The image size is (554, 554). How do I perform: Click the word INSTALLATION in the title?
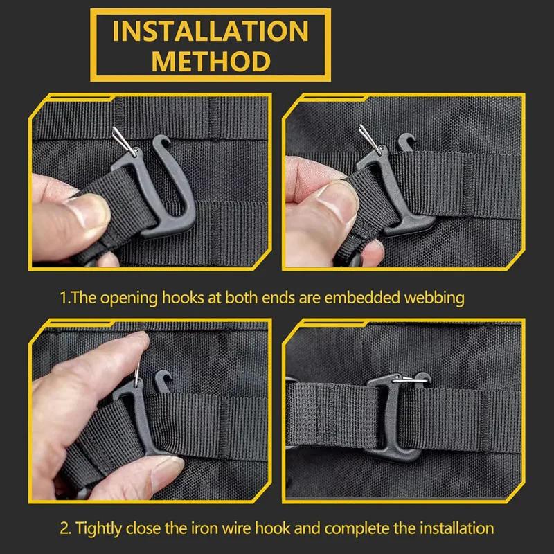tap(211, 31)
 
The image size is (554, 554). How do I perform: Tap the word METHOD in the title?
tap(211, 62)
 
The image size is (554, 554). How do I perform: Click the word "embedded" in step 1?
tap(361, 298)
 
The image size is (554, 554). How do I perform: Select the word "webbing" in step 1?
tap(434, 298)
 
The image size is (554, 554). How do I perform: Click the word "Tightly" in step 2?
tap(99, 529)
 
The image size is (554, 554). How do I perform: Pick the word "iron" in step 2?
tap(204, 528)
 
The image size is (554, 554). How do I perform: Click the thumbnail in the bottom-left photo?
tap(167, 471)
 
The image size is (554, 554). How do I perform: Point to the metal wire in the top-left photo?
tap(124, 141)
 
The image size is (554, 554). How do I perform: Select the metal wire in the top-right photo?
tap(370, 140)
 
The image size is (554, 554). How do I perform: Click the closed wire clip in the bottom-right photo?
tap(410, 380)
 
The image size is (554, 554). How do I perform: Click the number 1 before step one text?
tap(63, 298)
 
